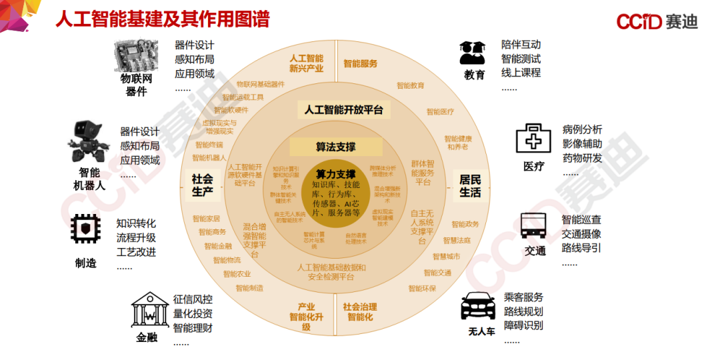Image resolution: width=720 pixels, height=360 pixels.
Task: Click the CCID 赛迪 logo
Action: [656, 21]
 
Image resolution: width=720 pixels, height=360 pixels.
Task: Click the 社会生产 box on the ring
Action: [203, 186]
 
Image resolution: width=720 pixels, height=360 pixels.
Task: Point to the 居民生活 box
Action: [470, 186]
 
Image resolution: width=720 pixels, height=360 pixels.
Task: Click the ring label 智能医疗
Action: [440, 112]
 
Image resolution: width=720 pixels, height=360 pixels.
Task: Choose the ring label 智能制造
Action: [249, 288]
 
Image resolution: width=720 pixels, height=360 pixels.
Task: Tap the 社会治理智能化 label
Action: [360, 312]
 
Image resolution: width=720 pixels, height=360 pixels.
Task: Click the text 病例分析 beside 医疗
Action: [582, 129]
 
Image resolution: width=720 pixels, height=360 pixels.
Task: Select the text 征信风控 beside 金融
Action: [193, 299]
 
